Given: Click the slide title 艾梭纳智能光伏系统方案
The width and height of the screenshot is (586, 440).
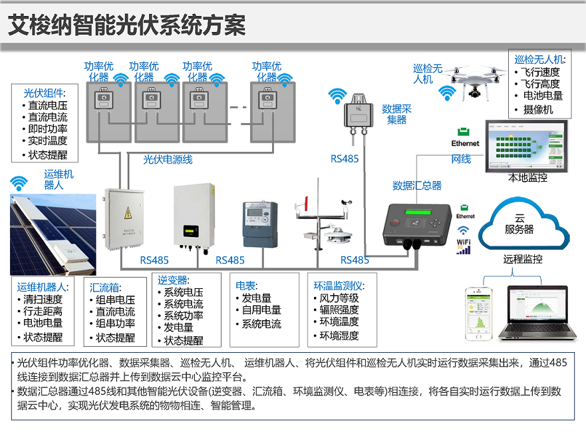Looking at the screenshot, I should (127, 25).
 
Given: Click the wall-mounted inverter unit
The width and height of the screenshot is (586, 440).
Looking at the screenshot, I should (194, 217).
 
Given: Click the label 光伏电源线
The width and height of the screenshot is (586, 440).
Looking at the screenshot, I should (168, 160).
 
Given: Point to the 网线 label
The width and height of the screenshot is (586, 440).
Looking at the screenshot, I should (461, 159).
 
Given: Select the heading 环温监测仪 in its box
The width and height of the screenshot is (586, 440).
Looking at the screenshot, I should (339, 286).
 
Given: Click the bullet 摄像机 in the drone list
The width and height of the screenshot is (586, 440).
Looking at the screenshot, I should (538, 109).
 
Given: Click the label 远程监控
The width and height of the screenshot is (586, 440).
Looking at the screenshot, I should (523, 259).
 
